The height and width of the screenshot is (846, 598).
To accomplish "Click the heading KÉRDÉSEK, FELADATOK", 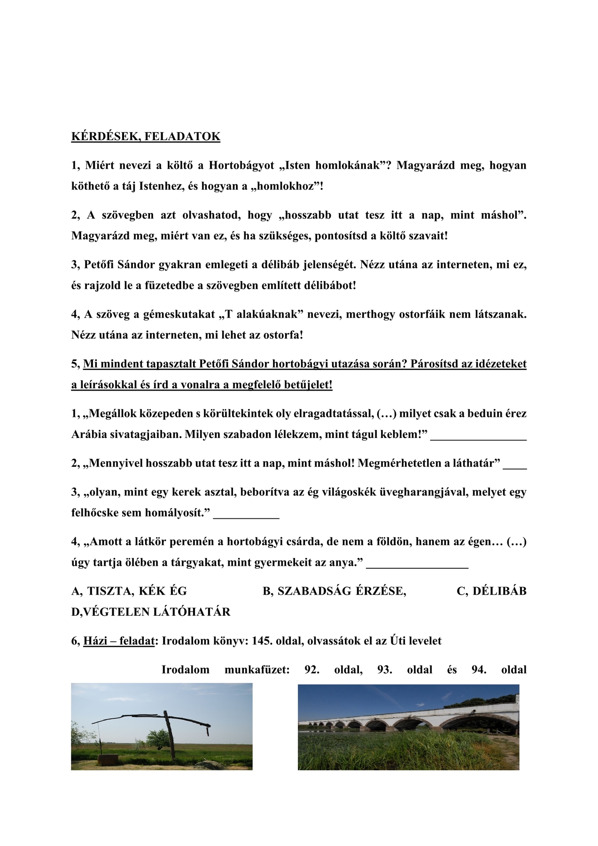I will [146, 137].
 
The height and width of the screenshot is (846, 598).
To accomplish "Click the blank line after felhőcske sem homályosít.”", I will [246, 516].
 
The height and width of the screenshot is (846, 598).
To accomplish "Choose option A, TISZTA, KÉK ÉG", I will [129, 591].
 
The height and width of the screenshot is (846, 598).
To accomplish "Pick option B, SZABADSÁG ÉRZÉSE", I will [334, 591].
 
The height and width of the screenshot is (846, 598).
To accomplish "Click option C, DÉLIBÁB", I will [491, 591].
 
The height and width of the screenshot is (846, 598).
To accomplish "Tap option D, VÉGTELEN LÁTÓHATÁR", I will [151, 612].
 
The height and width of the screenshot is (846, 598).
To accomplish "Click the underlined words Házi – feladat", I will [119, 641].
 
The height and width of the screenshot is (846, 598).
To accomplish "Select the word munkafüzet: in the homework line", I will [257, 670].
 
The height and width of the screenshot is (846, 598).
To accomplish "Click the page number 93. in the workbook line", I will [384, 670].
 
